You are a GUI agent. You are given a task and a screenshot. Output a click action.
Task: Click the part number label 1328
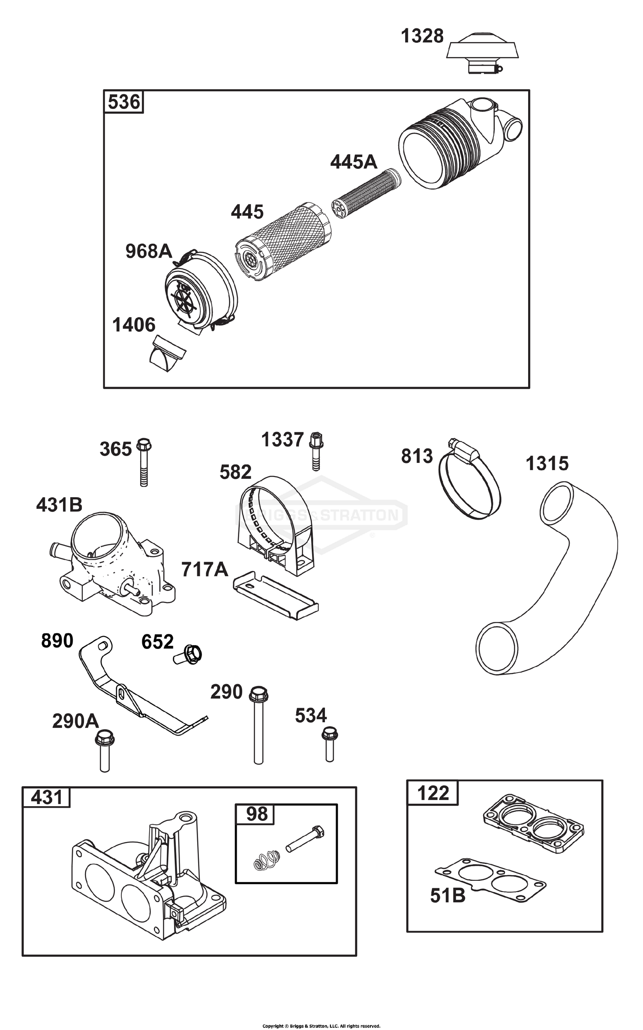click(x=422, y=36)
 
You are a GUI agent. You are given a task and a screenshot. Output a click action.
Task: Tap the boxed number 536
click(x=123, y=102)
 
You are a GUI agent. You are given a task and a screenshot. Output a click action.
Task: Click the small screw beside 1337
click(x=316, y=451)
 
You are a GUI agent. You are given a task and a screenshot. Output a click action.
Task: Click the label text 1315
click(x=547, y=463)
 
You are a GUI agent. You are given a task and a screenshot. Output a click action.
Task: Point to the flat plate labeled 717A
click(x=276, y=595)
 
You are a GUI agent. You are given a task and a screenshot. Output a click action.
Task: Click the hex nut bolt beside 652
click(x=189, y=655)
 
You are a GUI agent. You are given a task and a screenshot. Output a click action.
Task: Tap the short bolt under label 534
click(x=329, y=744)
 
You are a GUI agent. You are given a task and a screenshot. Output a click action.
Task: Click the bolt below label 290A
click(x=105, y=751)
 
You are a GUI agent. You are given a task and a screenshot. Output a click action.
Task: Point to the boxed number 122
click(x=433, y=793)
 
